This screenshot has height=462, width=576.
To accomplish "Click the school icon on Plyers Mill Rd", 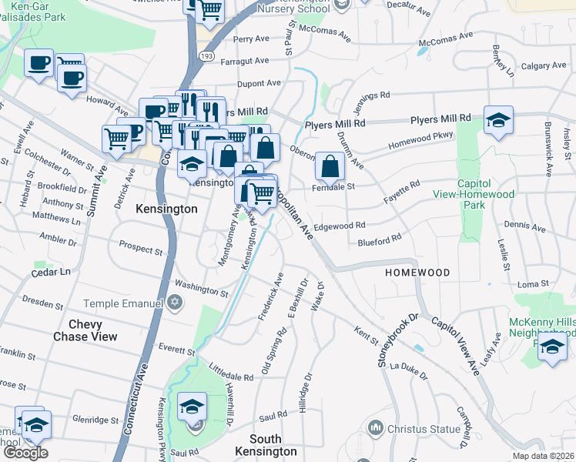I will click(x=498, y=120).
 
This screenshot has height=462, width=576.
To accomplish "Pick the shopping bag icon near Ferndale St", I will click(x=329, y=166).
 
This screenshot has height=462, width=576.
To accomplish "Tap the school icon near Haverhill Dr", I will click(x=192, y=407).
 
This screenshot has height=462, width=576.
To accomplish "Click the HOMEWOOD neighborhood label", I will click(x=417, y=273).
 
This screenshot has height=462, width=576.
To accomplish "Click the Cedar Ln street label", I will click(x=51, y=272).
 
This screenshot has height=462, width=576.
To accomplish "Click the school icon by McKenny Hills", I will click(x=552, y=346).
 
